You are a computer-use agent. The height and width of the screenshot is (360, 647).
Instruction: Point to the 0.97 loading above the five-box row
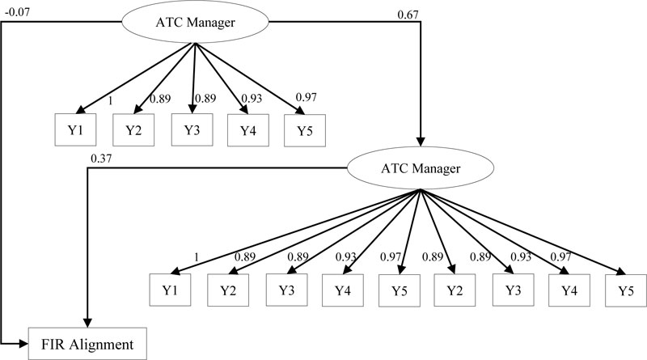pyautogui.click(x=306, y=98)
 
